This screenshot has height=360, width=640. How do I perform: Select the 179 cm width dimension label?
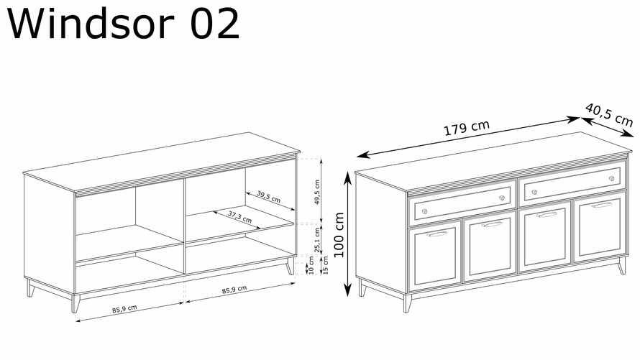coord(467,127)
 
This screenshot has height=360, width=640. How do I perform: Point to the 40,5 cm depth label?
coord(608,114)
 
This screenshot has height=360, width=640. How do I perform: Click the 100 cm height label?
coord(339,234)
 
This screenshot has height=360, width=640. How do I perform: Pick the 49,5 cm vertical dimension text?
coord(317,192)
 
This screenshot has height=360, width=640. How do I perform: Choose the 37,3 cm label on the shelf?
coord(239,217)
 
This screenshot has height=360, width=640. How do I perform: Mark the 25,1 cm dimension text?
coord(317,240)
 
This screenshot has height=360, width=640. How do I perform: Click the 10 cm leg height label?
coord(311,265)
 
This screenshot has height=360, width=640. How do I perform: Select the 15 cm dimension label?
coord(325,265)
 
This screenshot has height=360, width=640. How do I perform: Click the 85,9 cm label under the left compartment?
coord(124,309)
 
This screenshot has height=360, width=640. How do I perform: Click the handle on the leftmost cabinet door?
coord(436,234)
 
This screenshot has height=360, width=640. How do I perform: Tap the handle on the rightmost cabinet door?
coord(602,204)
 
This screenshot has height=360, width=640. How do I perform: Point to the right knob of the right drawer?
coord(611,178)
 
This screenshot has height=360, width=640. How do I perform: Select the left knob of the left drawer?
coord(424,211)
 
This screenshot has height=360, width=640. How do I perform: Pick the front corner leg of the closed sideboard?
coord(407,303)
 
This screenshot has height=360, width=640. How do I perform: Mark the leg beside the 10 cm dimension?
coord(290,266)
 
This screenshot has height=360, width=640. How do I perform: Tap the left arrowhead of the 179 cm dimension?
coord(362,155)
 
